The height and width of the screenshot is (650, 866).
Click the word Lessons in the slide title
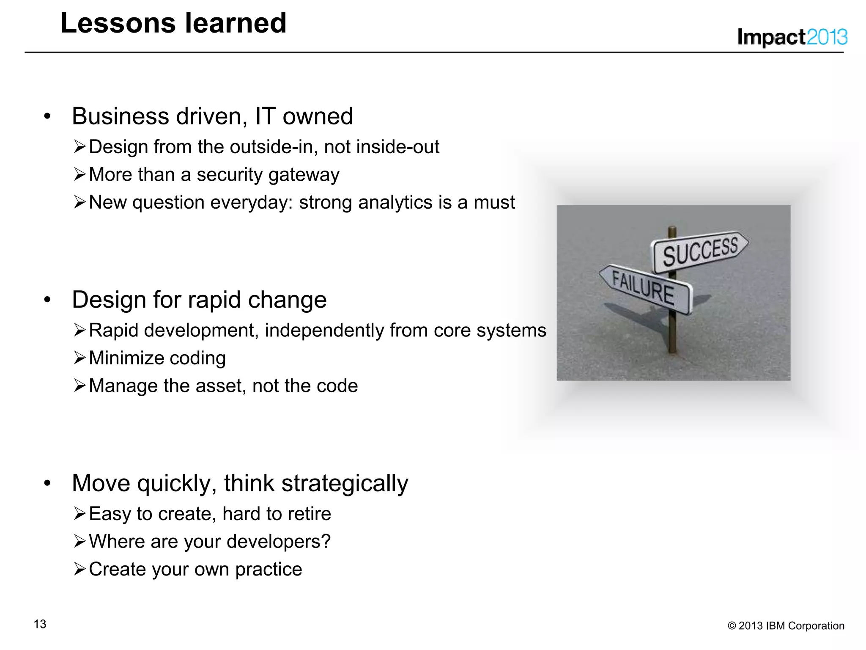point(118,23)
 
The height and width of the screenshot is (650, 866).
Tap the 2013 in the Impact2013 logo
point(826,37)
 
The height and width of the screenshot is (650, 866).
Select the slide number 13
point(40,624)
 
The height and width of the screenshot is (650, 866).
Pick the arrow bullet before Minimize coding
point(79,358)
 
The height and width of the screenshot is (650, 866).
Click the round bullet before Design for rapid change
point(47,300)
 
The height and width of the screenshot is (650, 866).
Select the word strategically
point(345,483)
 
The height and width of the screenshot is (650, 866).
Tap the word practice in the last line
point(269,570)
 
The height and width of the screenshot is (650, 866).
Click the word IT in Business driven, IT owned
point(265,116)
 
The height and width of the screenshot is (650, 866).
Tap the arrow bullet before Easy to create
point(79,514)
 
